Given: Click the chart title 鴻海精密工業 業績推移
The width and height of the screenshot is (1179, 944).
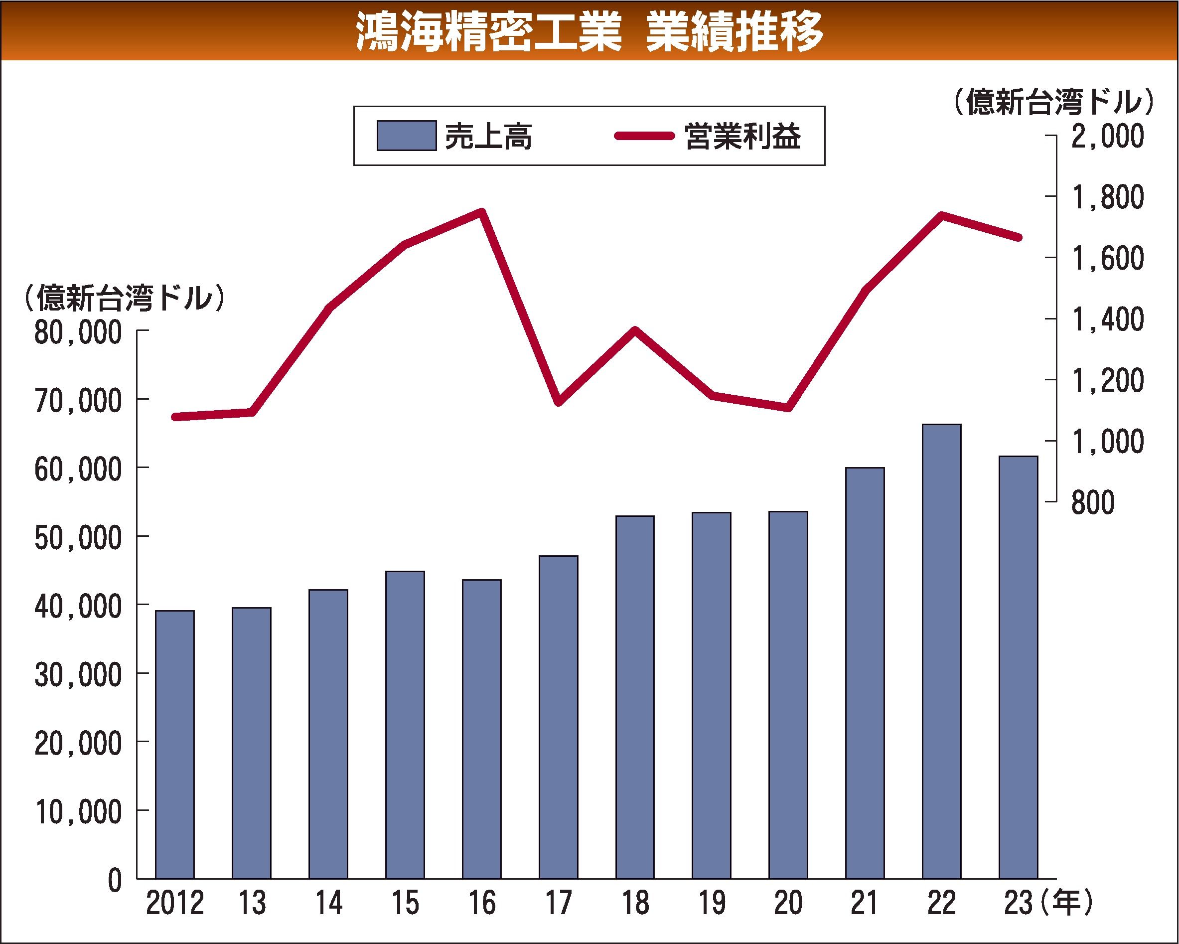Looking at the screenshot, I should [x=589, y=31].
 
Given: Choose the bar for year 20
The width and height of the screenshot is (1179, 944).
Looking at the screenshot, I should [x=788, y=695].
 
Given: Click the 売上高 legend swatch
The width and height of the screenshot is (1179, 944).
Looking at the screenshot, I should [x=406, y=136].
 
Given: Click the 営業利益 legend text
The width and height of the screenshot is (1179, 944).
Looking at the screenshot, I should [x=742, y=136].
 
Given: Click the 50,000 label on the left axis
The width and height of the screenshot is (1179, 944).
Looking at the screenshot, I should [x=78, y=538].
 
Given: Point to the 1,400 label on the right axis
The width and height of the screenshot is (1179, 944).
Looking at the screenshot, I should [x=1107, y=319].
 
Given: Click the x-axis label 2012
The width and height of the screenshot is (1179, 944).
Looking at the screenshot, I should [x=175, y=903].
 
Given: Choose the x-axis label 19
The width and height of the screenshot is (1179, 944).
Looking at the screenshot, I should [x=712, y=903].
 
